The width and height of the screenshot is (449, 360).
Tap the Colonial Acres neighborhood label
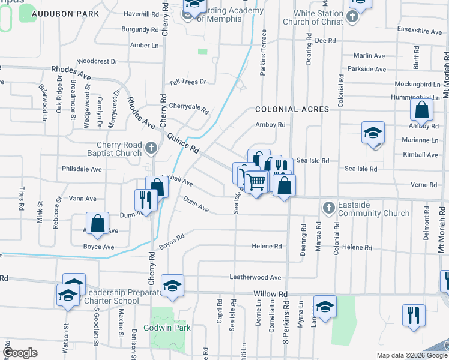pyautogui.click(x=292, y=109)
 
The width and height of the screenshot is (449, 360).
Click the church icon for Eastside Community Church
pyautogui.click(x=328, y=208)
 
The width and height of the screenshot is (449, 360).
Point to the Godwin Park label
pyautogui.click(x=166, y=328)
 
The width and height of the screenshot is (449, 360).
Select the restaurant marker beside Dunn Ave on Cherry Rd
pyautogui.click(x=146, y=199)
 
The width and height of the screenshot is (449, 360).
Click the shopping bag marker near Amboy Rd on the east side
pyautogui.click(x=422, y=110)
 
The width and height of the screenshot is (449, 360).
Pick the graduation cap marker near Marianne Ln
pyautogui.click(x=373, y=133)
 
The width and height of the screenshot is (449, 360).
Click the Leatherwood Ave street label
pyautogui.click(x=255, y=278)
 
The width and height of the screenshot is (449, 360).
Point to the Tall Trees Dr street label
pyautogui.click(x=187, y=82)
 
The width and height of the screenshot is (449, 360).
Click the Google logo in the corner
pyautogui.click(x=20, y=352)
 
